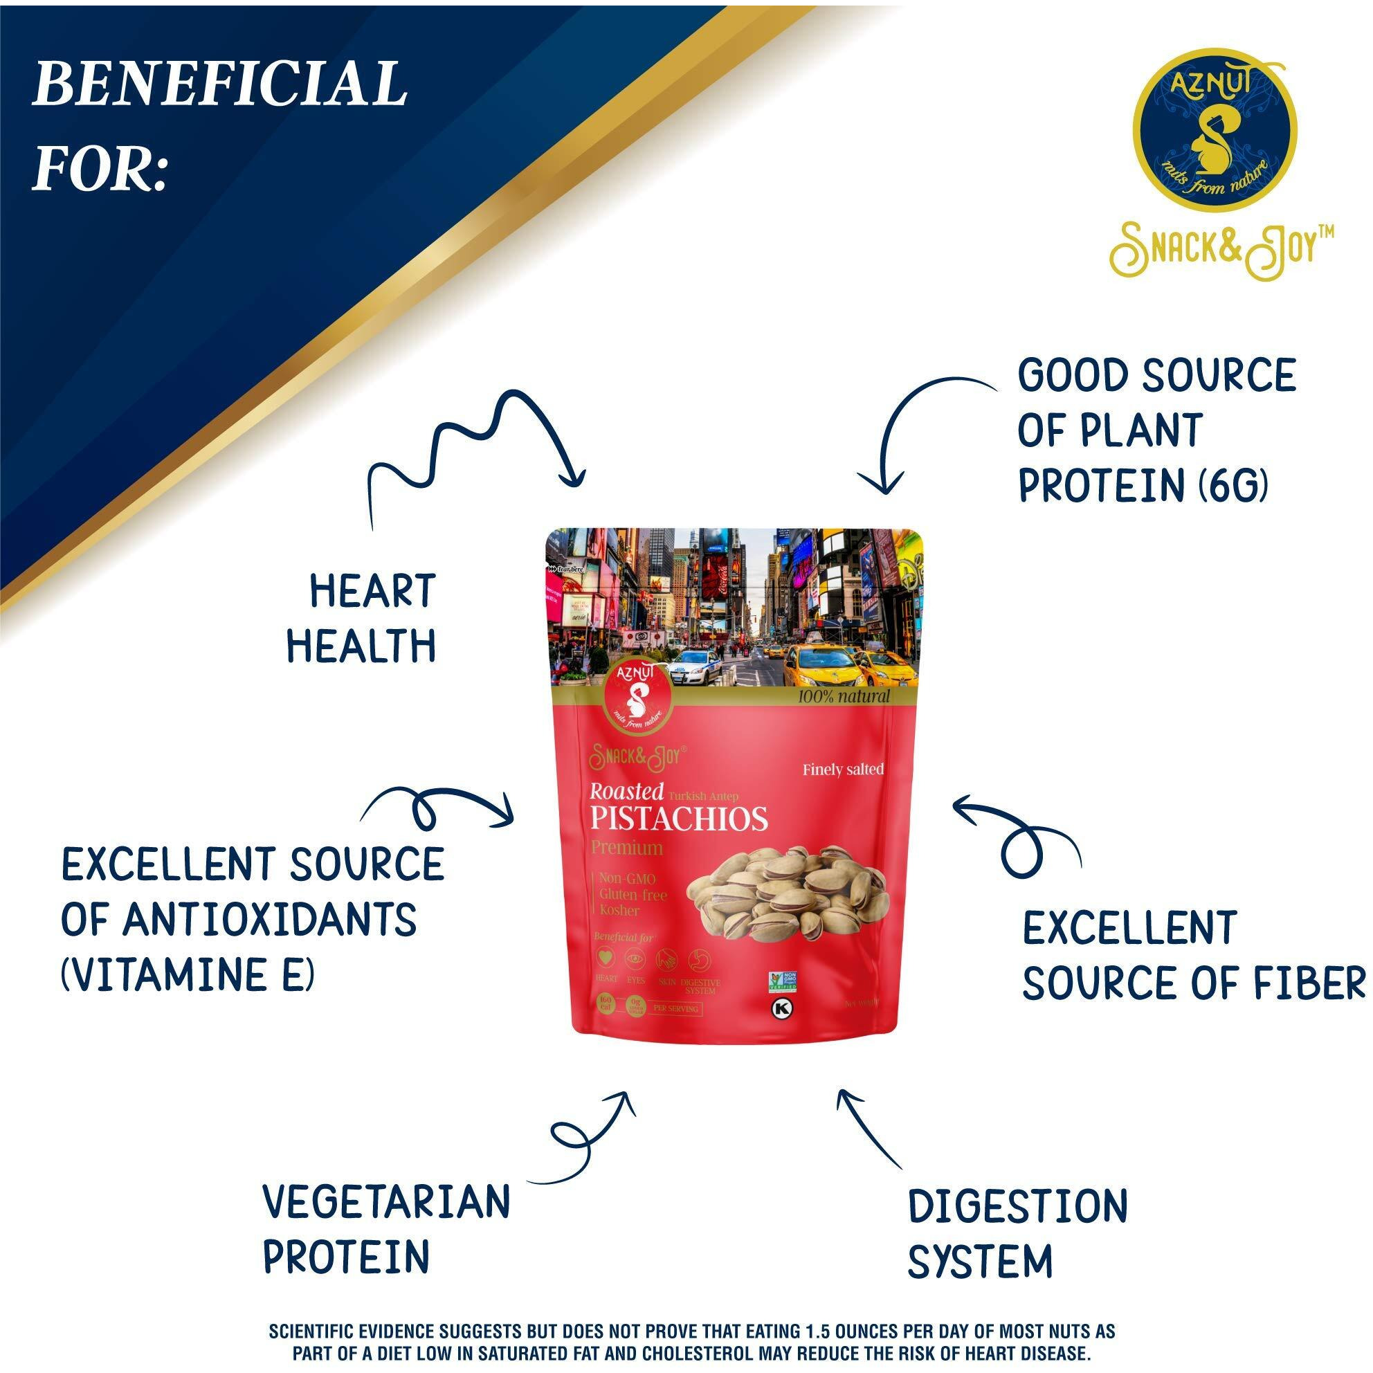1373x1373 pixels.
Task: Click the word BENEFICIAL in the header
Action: click(x=219, y=84)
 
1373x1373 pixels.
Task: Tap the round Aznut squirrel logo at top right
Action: click(x=1215, y=131)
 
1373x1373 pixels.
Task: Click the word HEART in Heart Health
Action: click(x=372, y=591)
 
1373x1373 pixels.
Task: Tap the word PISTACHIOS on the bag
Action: click(x=679, y=819)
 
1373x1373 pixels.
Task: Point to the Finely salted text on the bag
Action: click(x=843, y=770)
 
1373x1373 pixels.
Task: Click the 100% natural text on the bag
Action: click(x=843, y=696)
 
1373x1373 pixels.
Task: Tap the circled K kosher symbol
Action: click(x=783, y=1008)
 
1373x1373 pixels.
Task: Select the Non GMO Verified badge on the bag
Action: click(x=781, y=981)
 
